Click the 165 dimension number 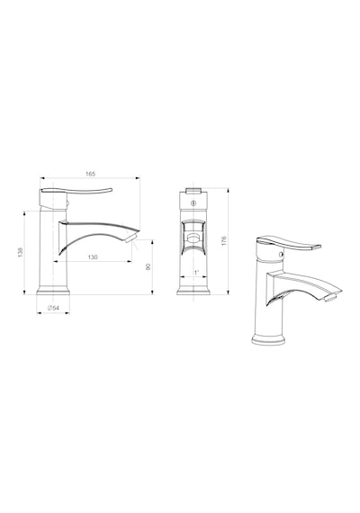pos(90,174)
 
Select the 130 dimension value pos(93,257)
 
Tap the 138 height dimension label pos(21,252)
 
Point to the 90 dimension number pos(148,266)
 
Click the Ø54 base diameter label pos(53,308)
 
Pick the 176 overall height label pos(224,241)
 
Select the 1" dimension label pos(196,272)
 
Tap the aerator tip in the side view pos(131,238)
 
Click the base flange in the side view pos(53,292)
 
